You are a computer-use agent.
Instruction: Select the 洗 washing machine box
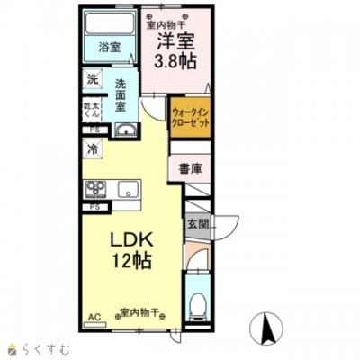(x=93, y=78)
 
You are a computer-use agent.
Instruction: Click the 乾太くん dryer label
(x=93, y=109)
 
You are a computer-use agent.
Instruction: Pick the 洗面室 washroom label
(x=127, y=95)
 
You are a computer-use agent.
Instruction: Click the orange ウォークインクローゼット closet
(x=190, y=118)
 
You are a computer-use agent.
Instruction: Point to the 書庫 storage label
(x=188, y=168)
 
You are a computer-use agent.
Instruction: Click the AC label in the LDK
(x=93, y=317)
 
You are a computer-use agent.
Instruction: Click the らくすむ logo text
(x=40, y=347)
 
